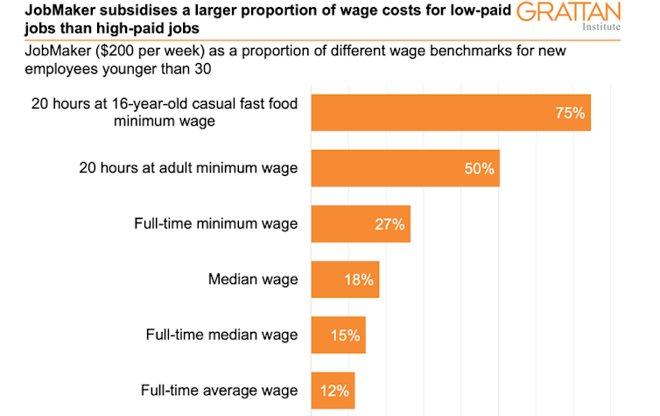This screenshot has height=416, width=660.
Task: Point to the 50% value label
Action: [x=480, y=168]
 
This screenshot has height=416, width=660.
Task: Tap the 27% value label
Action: [x=390, y=224]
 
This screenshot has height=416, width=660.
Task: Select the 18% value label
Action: [x=359, y=280]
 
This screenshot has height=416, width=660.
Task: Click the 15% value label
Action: [x=346, y=335]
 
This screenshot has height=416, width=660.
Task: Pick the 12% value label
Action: [x=335, y=391]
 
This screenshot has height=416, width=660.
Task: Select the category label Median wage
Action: [x=253, y=279]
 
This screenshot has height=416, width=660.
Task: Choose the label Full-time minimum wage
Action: [x=215, y=223]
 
